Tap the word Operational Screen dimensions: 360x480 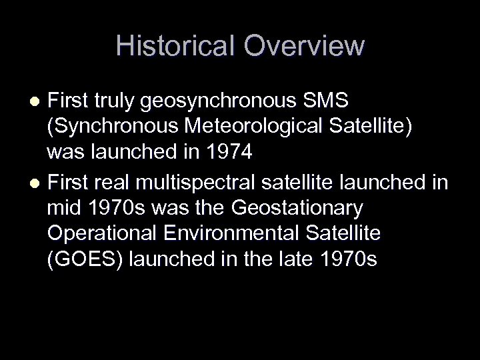(x=97, y=233)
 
